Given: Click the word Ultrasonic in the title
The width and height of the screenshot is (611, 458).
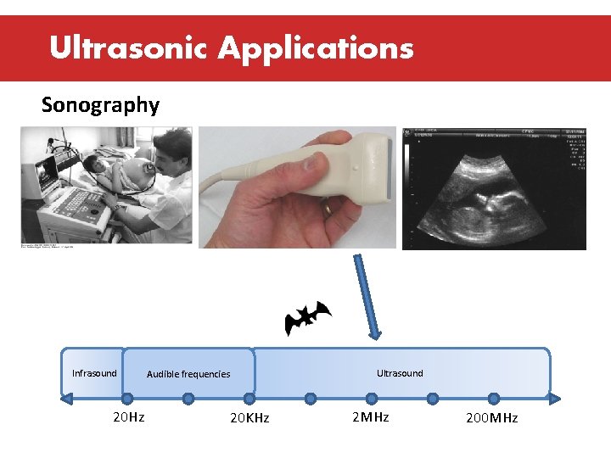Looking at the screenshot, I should pyautogui.click(x=128, y=47).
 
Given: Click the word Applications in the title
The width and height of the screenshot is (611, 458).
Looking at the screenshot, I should pyautogui.click(x=316, y=49).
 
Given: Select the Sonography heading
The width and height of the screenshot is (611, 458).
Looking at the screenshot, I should pyautogui.click(x=100, y=105).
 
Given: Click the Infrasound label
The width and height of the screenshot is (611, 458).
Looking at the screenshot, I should pyautogui.click(x=94, y=373).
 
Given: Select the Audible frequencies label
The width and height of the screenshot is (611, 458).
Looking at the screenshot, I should pyautogui.click(x=188, y=374).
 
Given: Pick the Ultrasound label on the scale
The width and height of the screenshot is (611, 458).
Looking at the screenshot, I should pyautogui.click(x=400, y=373).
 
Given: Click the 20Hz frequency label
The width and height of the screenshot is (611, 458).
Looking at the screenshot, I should pyautogui.click(x=129, y=417).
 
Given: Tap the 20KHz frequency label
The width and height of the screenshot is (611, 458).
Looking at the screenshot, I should pyautogui.click(x=249, y=418).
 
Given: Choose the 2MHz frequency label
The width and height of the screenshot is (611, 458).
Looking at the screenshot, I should pyautogui.click(x=370, y=417).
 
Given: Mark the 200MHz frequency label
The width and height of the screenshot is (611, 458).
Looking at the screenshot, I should pyautogui.click(x=491, y=418).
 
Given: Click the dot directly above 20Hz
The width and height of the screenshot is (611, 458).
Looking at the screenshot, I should pyautogui.click(x=127, y=398).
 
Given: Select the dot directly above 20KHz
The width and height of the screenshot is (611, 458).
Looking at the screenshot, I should pyautogui.click(x=249, y=398).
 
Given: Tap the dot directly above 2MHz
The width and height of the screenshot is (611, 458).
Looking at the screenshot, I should pyautogui.click(x=371, y=398).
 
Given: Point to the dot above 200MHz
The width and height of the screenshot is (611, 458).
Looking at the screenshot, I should pyautogui.click(x=493, y=398).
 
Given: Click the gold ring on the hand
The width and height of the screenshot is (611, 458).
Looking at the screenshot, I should pyautogui.click(x=327, y=206).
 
